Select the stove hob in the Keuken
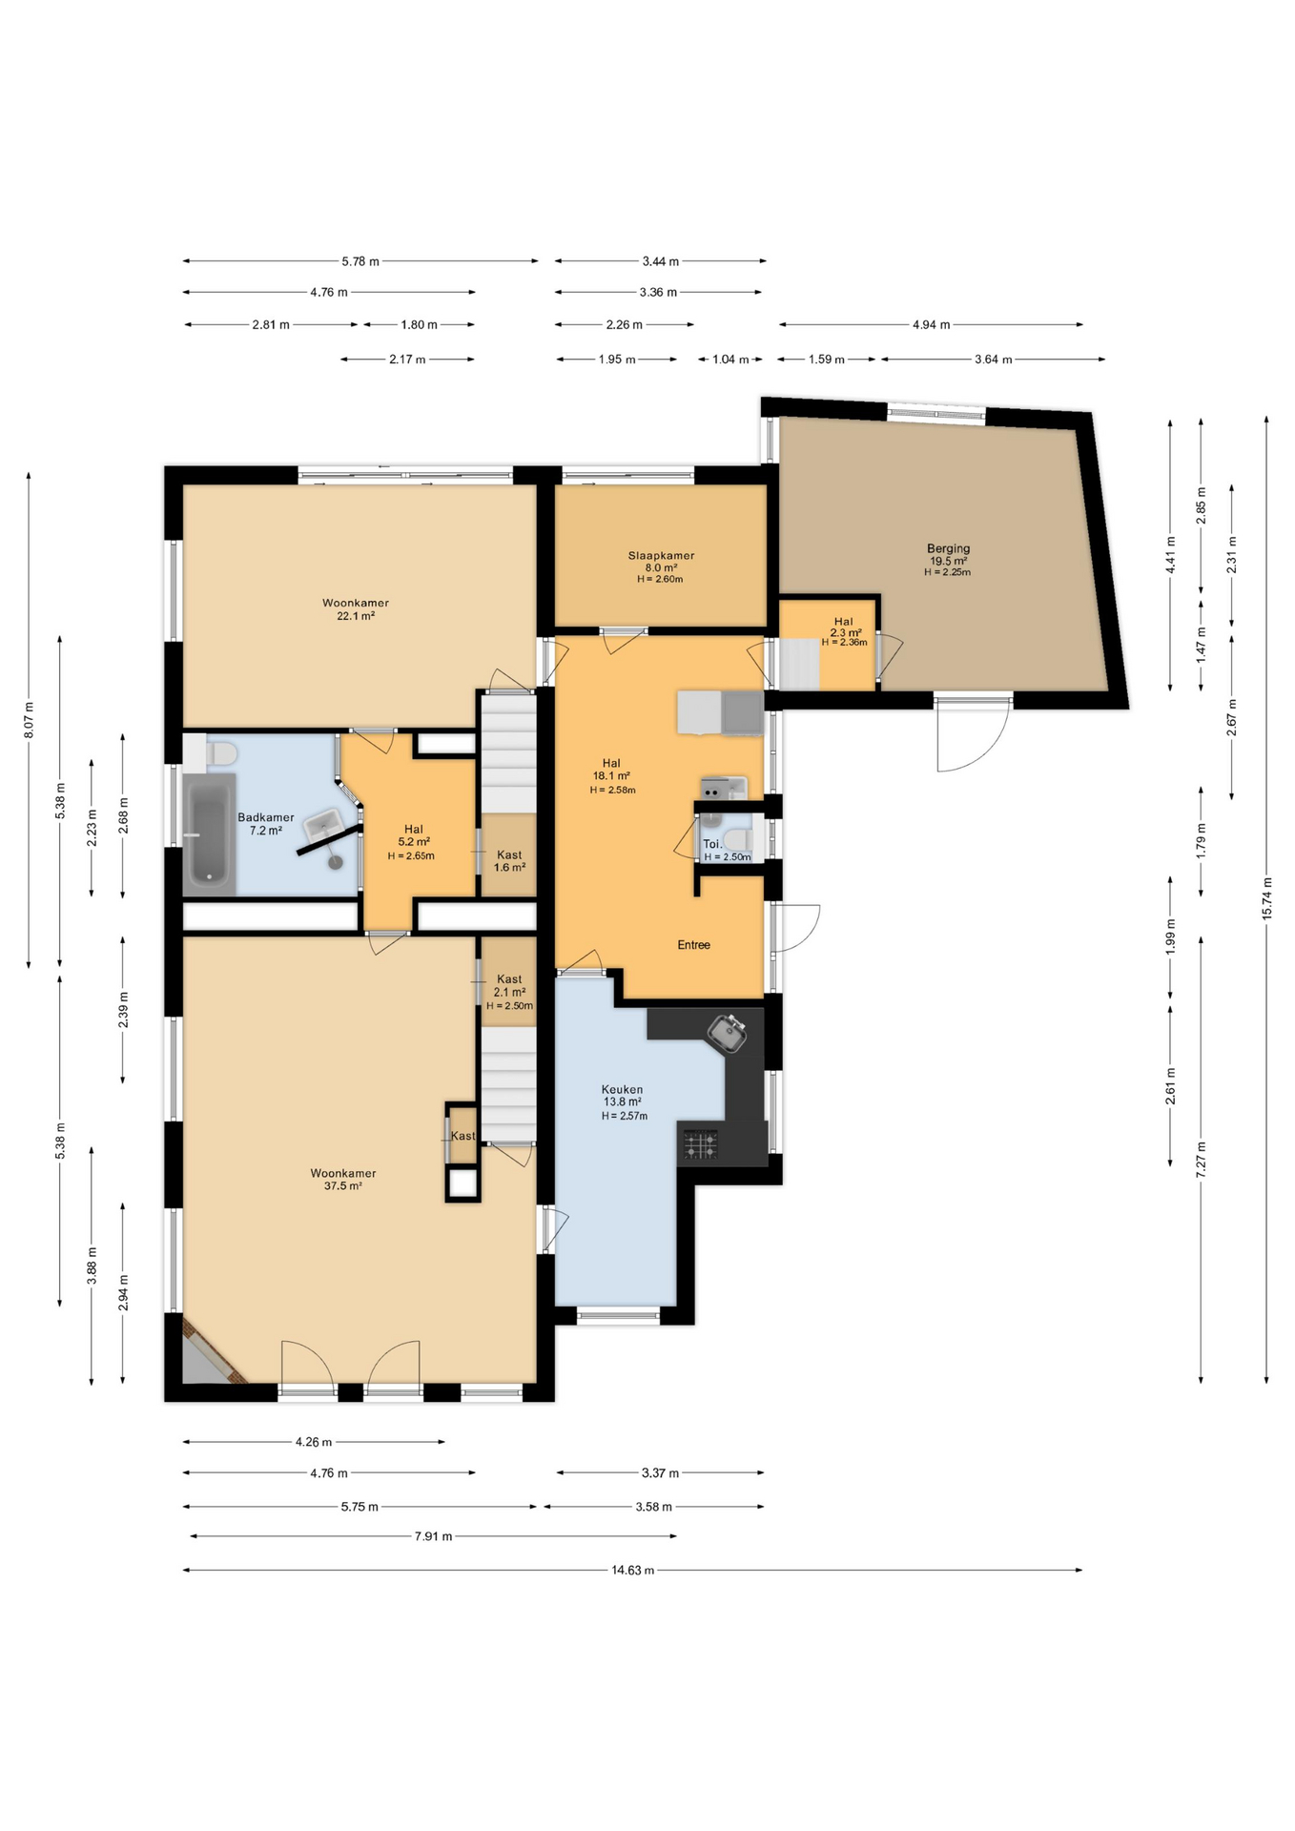pyautogui.click(x=700, y=1143)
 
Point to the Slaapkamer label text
pyautogui.click(x=661, y=556)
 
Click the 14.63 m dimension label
pyautogui.click(x=632, y=1570)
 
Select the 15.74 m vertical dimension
pyautogui.click(x=1266, y=898)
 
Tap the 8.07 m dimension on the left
pyautogui.click(x=29, y=720)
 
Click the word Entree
pyautogui.click(x=693, y=945)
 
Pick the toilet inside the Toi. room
pyautogui.click(x=735, y=840)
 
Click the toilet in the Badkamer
pyautogui.click(x=221, y=753)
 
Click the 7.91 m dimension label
pyautogui.click(x=433, y=1536)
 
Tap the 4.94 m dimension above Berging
pyautogui.click(x=931, y=325)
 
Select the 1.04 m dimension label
pyautogui.click(x=730, y=360)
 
